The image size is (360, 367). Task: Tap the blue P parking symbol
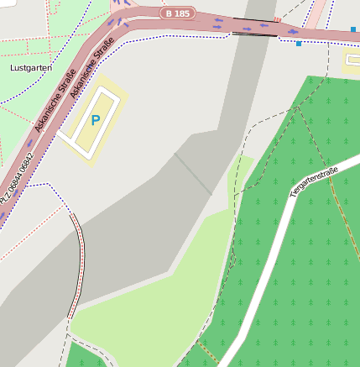click(x=95, y=120)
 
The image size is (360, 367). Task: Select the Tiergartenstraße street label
click(x=313, y=182)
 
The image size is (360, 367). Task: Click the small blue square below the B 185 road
click(x=299, y=44)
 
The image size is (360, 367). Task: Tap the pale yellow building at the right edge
click(x=352, y=59)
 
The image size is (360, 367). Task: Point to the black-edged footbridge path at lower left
click(x=80, y=260)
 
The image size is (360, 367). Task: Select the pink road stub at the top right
click(x=316, y=12)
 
